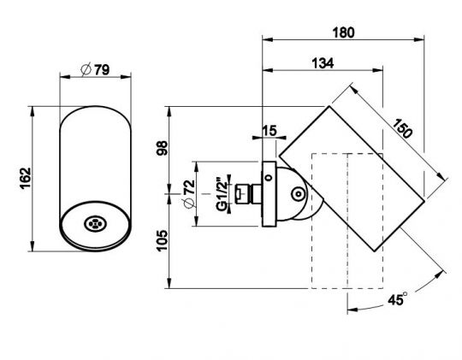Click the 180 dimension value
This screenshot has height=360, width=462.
pos(343,32)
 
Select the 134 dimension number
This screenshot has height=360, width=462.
pos(323,63)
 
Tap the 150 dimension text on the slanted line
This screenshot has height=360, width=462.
pos(402,128)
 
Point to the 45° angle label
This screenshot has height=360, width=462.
pos(398,299)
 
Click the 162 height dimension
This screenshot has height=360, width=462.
pos(26,178)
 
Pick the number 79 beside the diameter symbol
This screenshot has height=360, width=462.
pos(102,70)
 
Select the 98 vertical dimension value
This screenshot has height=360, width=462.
pos(162,148)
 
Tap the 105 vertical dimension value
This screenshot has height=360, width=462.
pos(162,240)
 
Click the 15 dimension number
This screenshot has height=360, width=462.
pos(269,131)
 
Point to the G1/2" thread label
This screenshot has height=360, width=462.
pos(222,194)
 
